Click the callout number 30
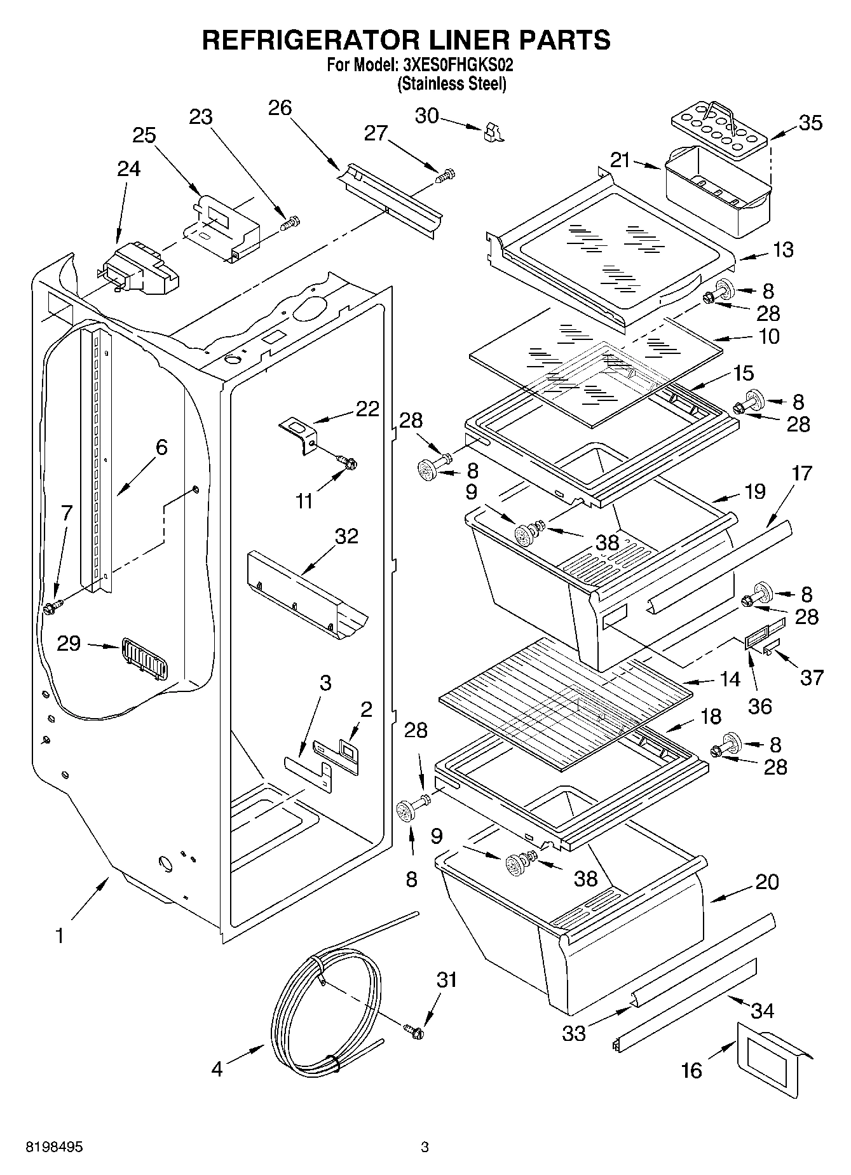point(426,116)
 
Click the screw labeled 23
point(291,223)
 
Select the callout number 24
point(128,169)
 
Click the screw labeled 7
point(51,607)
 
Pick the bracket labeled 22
point(299,433)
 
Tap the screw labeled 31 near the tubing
point(414,1032)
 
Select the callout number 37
point(812,677)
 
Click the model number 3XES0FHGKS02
point(458,64)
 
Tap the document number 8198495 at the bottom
point(54,1147)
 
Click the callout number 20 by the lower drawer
point(767,881)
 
